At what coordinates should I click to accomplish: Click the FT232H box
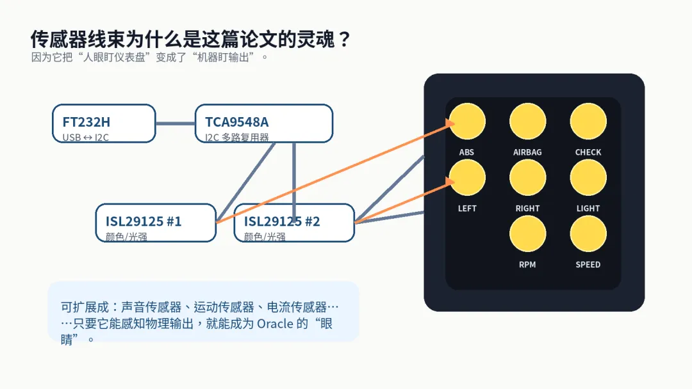[104, 123]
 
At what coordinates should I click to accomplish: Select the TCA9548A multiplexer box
[263, 123]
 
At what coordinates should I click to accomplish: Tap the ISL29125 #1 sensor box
[156, 223]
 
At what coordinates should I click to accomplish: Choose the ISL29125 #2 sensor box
[294, 223]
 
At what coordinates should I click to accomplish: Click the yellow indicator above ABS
[467, 121]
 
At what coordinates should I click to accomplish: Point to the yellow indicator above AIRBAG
[527, 121]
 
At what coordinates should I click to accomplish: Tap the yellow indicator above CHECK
[588, 121]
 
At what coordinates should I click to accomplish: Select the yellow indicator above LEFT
[467, 177]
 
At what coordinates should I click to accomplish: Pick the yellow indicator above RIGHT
[527, 177]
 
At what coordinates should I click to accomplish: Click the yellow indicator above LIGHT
[588, 177]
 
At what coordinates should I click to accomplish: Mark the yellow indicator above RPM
[527, 234]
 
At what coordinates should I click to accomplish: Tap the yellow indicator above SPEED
[588, 234]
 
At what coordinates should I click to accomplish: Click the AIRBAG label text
[527, 152]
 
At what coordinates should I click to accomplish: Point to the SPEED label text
[588, 265]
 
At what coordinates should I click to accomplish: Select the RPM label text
[527, 265]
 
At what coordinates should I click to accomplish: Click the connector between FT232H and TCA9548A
[175, 123]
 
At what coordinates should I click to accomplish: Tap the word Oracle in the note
[275, 323]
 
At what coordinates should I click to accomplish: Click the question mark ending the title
[343, 40]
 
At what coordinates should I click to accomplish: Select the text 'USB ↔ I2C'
[86, 137]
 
